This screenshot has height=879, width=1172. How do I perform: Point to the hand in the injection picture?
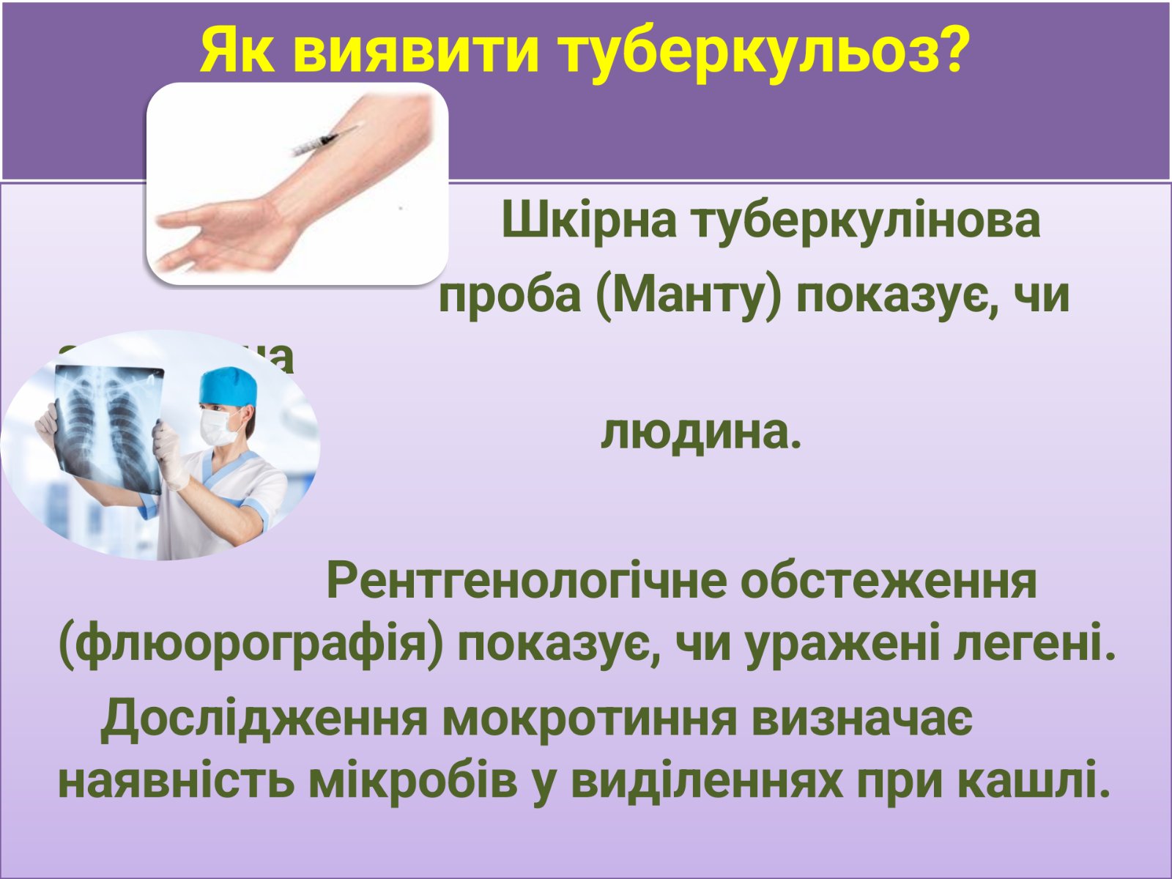[x=212, y=234]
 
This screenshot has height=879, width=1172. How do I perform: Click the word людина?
[x=700, y=433]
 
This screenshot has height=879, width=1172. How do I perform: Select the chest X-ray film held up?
[x=110, y=425]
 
